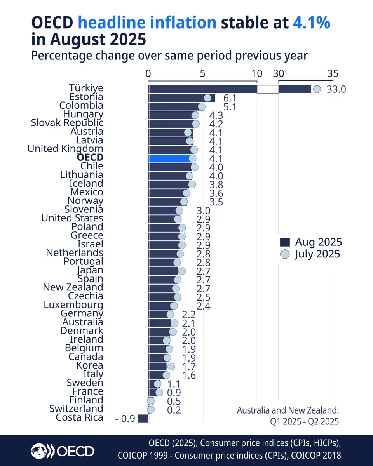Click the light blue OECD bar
point(170,158)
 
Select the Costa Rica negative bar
point(143,418)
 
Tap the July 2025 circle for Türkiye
point(317,89)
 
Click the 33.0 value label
point(336,89)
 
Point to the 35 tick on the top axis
point(333,73)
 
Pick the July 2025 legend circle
point(285,254)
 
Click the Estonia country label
point(86,97)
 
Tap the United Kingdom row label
point(65,148)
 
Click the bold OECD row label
point(90,157)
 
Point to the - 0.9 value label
point(125,419)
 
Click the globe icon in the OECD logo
point(39,451)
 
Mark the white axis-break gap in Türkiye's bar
point(268,89)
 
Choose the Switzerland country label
point(76,409)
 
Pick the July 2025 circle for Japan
point(182,271)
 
